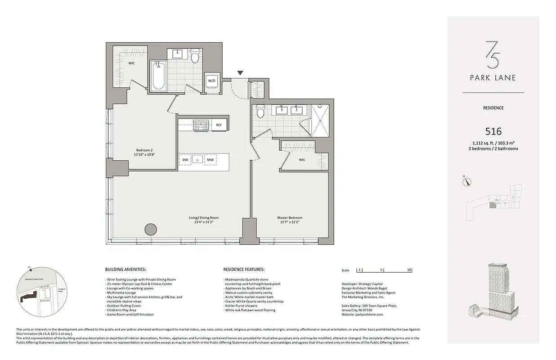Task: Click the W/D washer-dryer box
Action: click(x=211, y=81)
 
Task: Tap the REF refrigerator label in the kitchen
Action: click(x=219, y=125)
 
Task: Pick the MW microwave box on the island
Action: click(x=210, y=159)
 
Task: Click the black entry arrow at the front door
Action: click(x=240, y=73)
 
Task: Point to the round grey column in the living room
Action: click(x=151, y=229)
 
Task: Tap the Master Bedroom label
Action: click(x=289, y=220)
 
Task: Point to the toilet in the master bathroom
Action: click(x=260, y=112)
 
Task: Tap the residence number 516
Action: click(x=493, y=131)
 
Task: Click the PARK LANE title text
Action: click(x=493, y=77)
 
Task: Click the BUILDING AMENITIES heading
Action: click(x=125, y=270)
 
